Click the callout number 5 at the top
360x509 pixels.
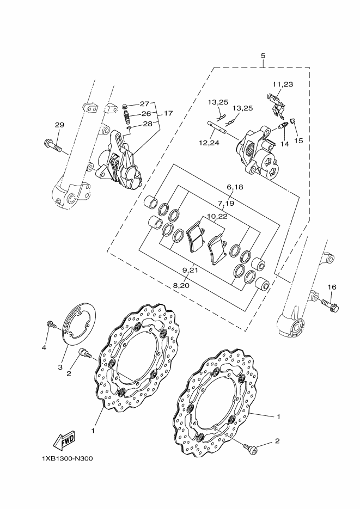pyautogui.click(x=263, y=56)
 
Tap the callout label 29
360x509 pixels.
pyautogui.click(x=59, y=125)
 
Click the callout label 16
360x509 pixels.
pyautogui.click(x=332, y=287)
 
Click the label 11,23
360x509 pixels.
pyautogui.click(x=283, y=84)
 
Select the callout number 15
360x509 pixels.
pyautogui.click(x=299, y=140)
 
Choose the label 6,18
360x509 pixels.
pyautogui.click(x=235, y=187)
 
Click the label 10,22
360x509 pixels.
pyautogui.click(x=217, y=216)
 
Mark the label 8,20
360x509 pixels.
pyautogui.click(x=181, y=285)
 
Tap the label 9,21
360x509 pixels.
pyautogui.click(x=190, y=270)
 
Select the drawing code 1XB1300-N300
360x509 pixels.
pyautogui.click(x=66, y=458)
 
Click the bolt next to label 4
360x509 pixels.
pyautogui.click(x=51, y=326)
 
